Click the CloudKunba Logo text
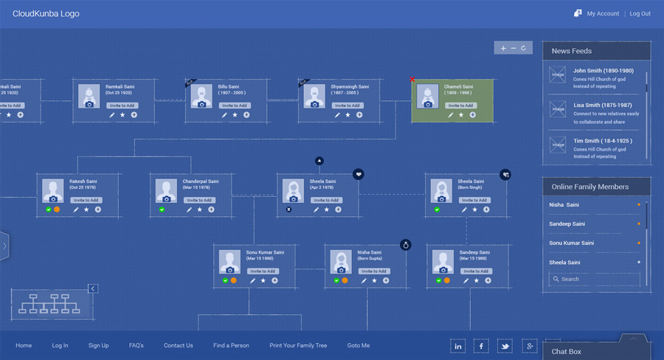pyautogui.click(x=46, y=13)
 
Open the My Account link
pyautogui.click(x=603, y=13)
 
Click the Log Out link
pyautogui.click(x=640, y=13)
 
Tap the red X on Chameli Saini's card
pyautogui.click(x=412, y=79)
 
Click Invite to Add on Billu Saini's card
pyautogui.click(x=235, y=105)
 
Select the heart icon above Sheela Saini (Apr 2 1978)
pyautogui.click(x=358, y=174)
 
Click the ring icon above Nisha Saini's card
pyautogui.click(x=405, y=244)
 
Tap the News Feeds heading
pyautogui.click(x=572, y=51)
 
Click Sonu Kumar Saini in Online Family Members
pyautogui.click(x=571, y=243)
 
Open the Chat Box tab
pyautogui.click(x=567, y=351)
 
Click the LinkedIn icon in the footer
pyautogui.click(x=458, y=346)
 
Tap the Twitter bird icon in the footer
pyautogui.click(x=505, y=346)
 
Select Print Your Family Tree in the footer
pyautogui.click(x=298, y=345)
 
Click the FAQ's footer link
pyautogui.click(x=136, y=345)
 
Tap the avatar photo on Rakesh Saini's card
pyautogui.click(x=52, y=190)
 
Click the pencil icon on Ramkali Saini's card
pyautogui.click(x=112, y=115)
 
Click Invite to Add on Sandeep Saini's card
pyautogui.click(x=475, y=271)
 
